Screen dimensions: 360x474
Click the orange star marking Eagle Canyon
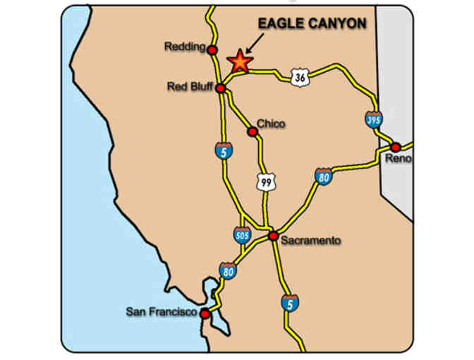240,61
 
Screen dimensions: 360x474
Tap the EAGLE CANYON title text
312,24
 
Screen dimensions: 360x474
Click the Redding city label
185,47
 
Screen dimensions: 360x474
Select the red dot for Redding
212,49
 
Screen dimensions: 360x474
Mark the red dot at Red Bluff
220,88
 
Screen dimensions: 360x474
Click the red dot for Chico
251,131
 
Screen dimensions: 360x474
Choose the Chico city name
271,124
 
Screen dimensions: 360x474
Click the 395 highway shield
374,119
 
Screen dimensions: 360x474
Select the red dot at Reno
396,147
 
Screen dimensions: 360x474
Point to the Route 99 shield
265,182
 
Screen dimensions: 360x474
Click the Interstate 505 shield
241,234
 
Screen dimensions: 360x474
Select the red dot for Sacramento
273,236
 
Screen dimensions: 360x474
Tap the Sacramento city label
310,241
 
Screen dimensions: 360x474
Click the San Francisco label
161,311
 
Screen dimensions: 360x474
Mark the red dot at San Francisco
205,313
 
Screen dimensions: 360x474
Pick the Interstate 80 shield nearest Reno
324,176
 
